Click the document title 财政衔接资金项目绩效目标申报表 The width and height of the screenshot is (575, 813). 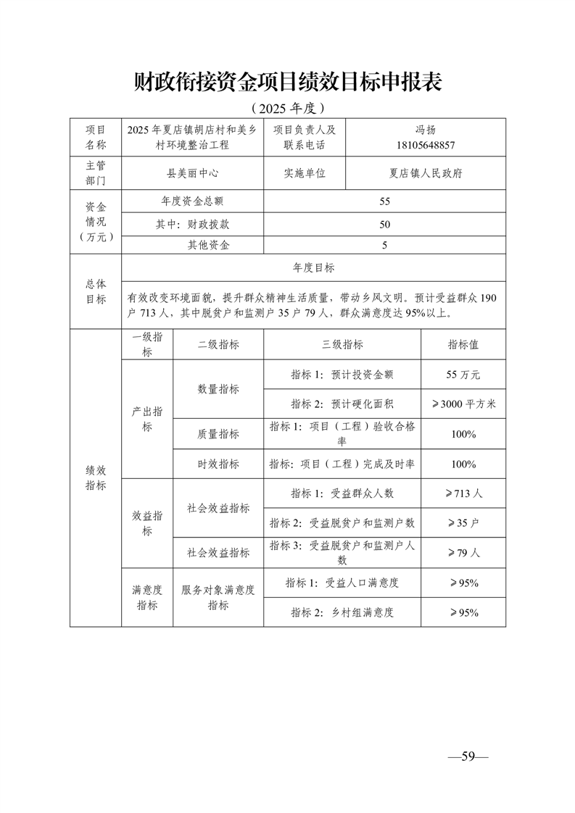click(288, 82)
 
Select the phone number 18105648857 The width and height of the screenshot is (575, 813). click(426, 145)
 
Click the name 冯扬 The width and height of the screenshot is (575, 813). click(426, 130)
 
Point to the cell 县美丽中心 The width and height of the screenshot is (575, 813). click(193, 174)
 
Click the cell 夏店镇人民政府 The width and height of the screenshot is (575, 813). click(426, 174)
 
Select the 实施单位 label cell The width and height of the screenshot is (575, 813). click(305, 174)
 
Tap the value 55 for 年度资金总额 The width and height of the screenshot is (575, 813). click(384, 201)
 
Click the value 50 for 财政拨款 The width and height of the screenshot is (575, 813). click(384, 224)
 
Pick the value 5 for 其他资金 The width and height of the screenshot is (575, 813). click(384, 245)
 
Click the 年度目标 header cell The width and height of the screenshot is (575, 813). click(313, 267)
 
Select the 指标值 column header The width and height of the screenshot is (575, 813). click(463, 345)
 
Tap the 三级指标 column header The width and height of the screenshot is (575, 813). click(342, 345)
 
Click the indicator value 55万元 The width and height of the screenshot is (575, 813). click(463, 375)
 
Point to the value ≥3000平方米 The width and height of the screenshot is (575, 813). click(463, 404)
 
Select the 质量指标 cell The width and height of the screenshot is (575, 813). click(218, 434)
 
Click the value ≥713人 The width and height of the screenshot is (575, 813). click(463, 493)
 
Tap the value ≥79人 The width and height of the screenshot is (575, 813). click(463, 552)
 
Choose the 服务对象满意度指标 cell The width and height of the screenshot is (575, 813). click(218, 598)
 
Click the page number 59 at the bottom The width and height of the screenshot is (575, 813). click(468, 757)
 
